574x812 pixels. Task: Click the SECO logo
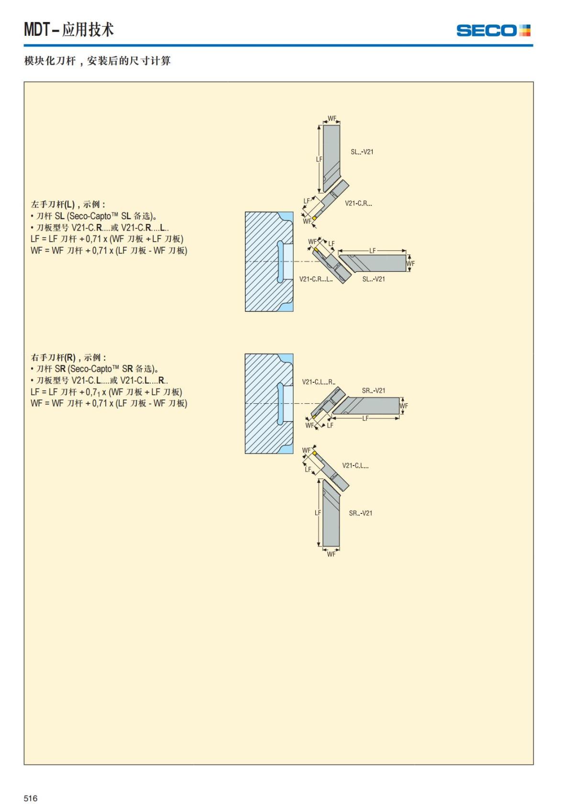(x=493, y=31)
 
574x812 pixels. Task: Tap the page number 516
(x=31, y=798)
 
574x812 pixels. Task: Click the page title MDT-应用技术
(x=69, y=30)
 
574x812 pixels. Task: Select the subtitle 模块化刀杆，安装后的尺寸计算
(x=98, y=61)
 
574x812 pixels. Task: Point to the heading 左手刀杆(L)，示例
(x=68, y=204)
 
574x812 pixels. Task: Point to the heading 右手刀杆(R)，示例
(x=68, y=357)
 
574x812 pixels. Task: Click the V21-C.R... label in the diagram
(x=358, y=203)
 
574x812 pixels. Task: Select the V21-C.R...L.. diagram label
(x=316, y=279)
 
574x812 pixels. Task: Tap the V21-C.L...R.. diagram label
(x=319, y=382)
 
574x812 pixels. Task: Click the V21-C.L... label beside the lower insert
(x=355, y=466)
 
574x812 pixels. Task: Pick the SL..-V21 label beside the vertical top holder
(x=362, y=152)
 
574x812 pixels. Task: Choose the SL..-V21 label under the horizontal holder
(x=374, y=279)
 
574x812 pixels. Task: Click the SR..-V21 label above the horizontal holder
(x=374, y=390)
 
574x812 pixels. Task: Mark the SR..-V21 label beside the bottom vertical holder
(x=361, y=513)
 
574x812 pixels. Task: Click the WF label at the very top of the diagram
(x=332, y=118)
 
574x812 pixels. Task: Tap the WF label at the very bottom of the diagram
(x=331, y=554)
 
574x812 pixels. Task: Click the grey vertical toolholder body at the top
(x=331, y=148)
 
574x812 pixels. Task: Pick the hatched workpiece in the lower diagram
(x=262, y=403)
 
